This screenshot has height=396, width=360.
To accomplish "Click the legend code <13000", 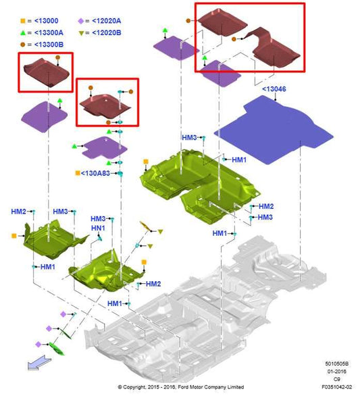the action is pyautogui.click(x=46, y=21).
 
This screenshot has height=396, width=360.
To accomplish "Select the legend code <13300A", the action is pyautogui.click(x=49, y=33).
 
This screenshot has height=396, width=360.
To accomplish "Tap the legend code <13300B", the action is pyautogui.click(x=49, y=45).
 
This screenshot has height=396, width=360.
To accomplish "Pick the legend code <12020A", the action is pyautogui.click(x=107, y=21).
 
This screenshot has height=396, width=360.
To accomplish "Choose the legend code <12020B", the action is pyautogui.click(x=107, y=33).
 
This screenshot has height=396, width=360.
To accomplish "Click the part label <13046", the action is pyautogui.click(x=274, y=89).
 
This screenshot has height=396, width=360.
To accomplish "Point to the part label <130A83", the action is pyautogui.click(x=95, y=173).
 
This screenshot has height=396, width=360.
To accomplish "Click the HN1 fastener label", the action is pyautogui.click(x=98, y=228).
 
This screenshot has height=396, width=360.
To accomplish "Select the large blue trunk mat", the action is pyautogui.click(x=274, y=130).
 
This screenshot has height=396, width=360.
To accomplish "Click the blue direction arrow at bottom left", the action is pyautogui.click(x=39, y=363).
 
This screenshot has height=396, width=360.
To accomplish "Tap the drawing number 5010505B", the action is pyautogui.click(x=337, y=364).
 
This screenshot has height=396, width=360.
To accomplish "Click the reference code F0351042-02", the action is pyautogui.click(x=337, y=387).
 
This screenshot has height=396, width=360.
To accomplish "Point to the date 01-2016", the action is pyautogui.click(x=337, y=372).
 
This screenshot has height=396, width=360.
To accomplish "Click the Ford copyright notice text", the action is pyautogui.click(x=181, y=387).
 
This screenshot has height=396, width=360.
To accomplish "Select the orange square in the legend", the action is pyautogui.click(x=23, y=21).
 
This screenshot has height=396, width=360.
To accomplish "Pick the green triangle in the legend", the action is pyautogui.click(x=23, y=32).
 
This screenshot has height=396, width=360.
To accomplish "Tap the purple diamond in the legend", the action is pyautogui.click(x=81, y=21).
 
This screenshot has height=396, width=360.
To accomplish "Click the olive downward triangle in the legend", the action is pyautogui.click(x=81, y=33).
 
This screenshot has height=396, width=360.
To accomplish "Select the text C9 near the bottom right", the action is pyautogui.click(x=337, y=379).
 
